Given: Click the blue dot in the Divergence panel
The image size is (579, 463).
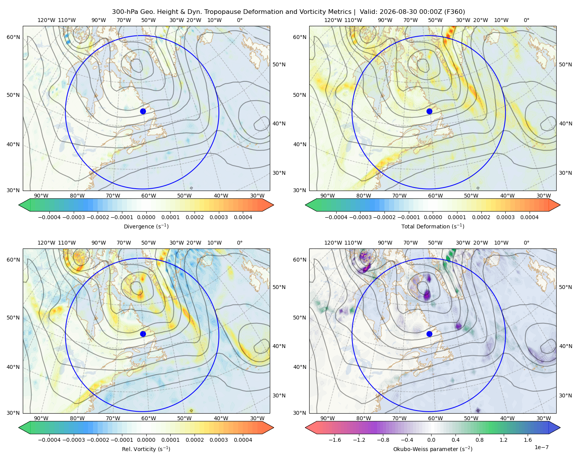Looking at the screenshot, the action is click(143, 111).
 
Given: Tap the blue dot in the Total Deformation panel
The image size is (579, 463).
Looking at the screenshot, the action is click(429, 111).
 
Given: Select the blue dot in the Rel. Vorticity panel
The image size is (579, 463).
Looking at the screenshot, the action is click(143, 334).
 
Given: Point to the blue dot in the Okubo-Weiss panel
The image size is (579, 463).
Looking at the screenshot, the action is click(429, 334).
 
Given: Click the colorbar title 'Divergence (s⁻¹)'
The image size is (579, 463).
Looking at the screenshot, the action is click(146, 226).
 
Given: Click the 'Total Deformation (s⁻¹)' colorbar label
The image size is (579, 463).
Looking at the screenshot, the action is click(433, 226).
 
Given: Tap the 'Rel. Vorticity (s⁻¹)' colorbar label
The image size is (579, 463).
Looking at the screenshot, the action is click(146, 449).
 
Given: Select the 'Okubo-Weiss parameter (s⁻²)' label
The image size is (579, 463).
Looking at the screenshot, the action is click(433, 449).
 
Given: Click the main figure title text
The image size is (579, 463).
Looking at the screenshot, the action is click(288, 12).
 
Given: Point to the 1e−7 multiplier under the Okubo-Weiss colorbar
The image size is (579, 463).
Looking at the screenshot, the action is click(541, 447).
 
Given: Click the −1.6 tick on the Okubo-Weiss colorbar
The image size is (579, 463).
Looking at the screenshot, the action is click(335, 440).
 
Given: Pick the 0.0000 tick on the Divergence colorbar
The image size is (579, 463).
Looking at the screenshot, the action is click(146, 217).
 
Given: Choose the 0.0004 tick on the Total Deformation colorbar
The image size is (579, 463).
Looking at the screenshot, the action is click(529, 217).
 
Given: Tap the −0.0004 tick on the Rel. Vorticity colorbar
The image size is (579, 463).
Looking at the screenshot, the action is click(49, 440).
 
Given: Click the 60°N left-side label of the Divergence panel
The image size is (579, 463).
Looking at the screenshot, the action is click(13, 37).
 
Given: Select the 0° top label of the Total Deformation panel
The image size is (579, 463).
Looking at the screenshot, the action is click(526, 20).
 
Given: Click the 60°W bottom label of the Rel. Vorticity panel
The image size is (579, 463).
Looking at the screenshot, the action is click(149, 418).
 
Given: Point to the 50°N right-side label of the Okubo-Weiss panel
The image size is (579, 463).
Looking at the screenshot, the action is click(565, 287).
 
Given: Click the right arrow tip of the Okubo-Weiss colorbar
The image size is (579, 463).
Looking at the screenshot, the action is click(560, 428).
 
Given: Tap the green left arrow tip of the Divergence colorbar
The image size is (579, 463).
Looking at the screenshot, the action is click(19, 205).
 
